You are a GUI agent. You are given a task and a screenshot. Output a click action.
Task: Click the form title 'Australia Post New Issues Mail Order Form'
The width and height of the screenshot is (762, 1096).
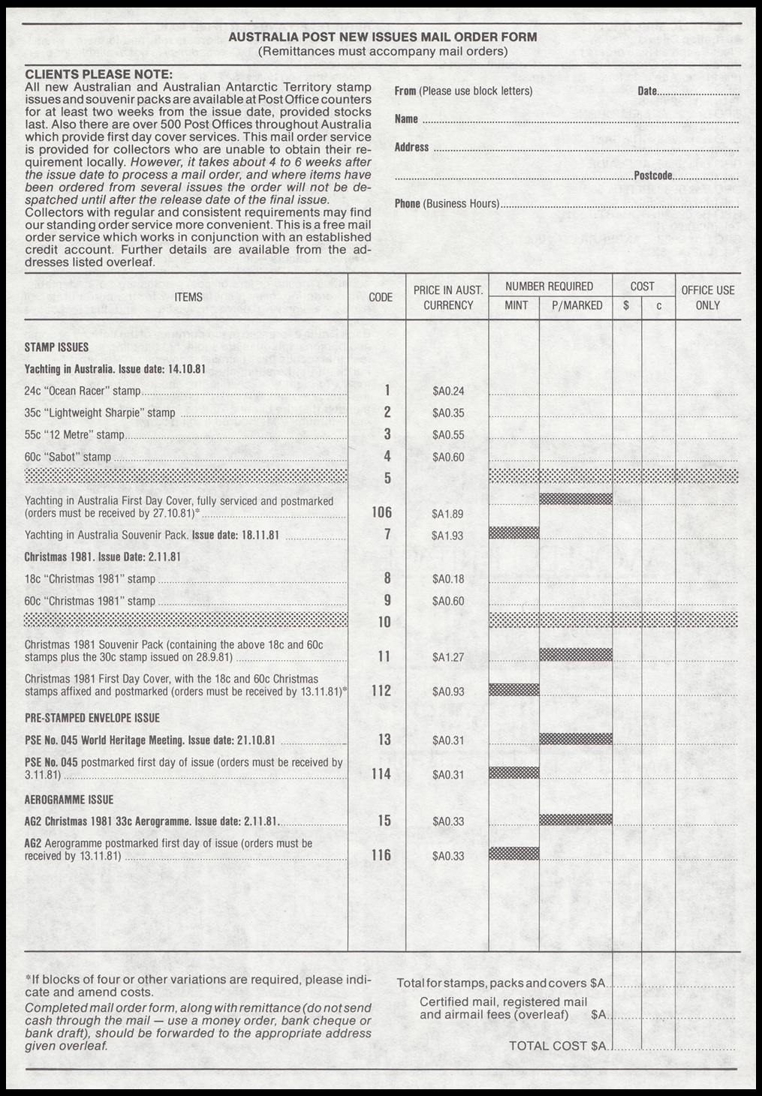[x=382, y=37]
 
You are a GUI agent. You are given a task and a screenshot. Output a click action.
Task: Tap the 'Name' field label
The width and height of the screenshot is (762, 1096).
[x=406, y=119]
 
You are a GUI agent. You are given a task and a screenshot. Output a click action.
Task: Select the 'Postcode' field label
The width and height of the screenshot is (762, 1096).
[x=653, y=176]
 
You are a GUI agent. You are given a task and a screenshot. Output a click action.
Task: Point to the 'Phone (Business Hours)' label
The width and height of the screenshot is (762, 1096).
[x=447, y=204]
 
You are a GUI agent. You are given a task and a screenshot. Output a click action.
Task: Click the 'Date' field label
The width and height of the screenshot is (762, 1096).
[x=647, y=92]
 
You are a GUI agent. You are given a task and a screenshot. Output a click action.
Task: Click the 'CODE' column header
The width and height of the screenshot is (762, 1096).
[x=381, y=297]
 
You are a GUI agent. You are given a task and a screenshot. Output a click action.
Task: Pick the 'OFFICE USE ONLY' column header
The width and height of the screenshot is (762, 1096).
[x=707, y=297]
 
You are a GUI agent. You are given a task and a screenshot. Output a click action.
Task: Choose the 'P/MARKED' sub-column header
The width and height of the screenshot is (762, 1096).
[x=577, y=305]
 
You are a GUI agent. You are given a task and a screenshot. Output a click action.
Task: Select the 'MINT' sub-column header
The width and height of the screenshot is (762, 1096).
[x=517, y=305]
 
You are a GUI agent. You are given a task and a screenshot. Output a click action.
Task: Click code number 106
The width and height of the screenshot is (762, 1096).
[x=381, y=512]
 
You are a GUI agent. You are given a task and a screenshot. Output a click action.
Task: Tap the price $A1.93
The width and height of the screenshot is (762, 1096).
[x=448, y=536]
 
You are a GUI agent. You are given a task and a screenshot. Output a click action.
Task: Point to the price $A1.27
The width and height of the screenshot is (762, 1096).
[x=448, y=658]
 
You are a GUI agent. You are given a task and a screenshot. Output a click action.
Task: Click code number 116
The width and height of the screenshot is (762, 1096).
[x=381, y=855]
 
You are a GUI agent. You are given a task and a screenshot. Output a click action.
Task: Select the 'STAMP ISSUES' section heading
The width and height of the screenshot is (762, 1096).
[x=56, y=347]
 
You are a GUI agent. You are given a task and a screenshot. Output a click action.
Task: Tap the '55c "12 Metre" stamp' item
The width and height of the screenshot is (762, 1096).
[x=74, y=434]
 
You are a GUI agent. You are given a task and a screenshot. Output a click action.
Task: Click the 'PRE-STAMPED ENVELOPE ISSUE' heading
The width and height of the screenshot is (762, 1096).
[x=92, y=718]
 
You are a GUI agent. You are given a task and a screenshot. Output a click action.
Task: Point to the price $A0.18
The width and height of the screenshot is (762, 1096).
[x=448, y=579]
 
